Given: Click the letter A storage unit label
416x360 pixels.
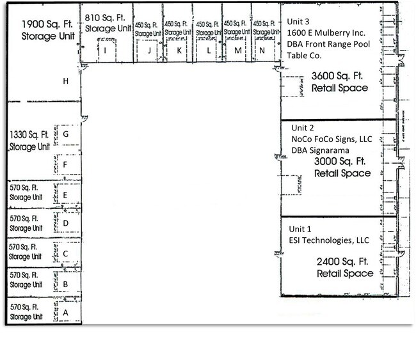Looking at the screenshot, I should coord(65,313).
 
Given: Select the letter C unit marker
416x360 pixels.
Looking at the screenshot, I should coord(65,254).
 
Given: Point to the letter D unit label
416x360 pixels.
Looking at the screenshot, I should coord(65,223).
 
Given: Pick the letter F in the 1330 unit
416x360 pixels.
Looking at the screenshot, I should coord(65,164).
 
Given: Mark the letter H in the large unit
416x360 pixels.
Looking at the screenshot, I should coord(65,81).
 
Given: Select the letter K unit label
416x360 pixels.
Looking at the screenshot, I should coord(179,50).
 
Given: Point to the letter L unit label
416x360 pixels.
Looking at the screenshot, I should coord(209,50).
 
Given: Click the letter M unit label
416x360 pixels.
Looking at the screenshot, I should coord(237,50).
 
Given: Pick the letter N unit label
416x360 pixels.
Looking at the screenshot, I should coord(262,50).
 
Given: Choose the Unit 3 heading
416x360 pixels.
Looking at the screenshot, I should coord(298,22).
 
